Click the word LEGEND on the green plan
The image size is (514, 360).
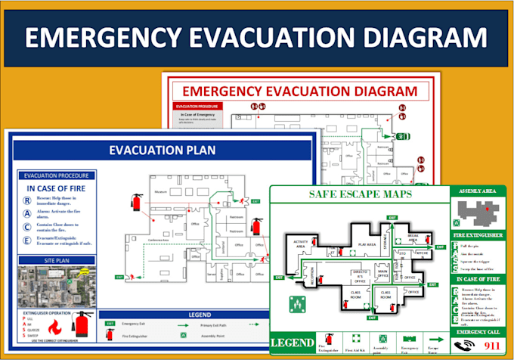click(x=293, y=342)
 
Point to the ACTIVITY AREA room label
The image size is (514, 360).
click(x=300, y=244)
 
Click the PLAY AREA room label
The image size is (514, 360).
click(x=367, y=244)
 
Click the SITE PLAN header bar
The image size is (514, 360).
click(x=50, y=261)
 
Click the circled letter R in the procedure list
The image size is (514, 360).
click(x=28, y=201)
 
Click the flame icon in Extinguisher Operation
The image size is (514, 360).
click(x=54, y=327)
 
